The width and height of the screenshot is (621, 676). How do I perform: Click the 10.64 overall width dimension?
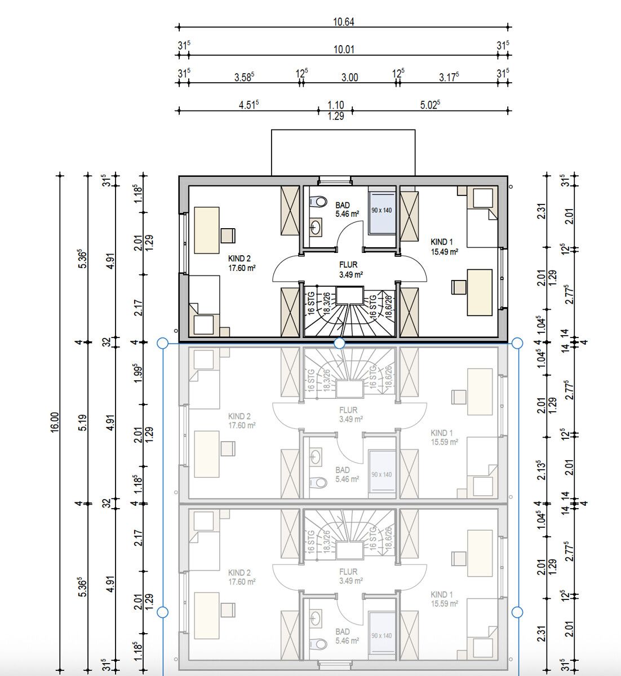(344, 22)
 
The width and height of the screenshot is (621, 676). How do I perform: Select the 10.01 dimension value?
(344, 50)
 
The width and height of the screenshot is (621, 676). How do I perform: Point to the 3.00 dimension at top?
(349, 78)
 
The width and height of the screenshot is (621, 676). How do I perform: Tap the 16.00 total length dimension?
(54, 423)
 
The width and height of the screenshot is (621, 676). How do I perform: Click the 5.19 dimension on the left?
(82, 423)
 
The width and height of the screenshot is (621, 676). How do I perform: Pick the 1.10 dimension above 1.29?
(336, 105)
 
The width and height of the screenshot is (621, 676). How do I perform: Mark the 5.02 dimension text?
(430, 105)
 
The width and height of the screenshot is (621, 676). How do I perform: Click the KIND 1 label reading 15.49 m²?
(444, 247)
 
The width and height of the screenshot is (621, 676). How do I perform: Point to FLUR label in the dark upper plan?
(348, 269)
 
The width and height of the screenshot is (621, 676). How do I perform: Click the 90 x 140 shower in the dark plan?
(382, 210)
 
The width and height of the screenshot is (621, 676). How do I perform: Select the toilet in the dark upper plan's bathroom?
(318, 201)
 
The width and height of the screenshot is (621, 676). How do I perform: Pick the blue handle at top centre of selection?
(339, 343)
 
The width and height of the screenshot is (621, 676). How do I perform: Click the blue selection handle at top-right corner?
(517, 343)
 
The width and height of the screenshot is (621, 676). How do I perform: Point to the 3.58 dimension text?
(245, 77)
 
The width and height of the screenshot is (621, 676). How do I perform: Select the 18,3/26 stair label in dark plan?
(326, 304)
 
